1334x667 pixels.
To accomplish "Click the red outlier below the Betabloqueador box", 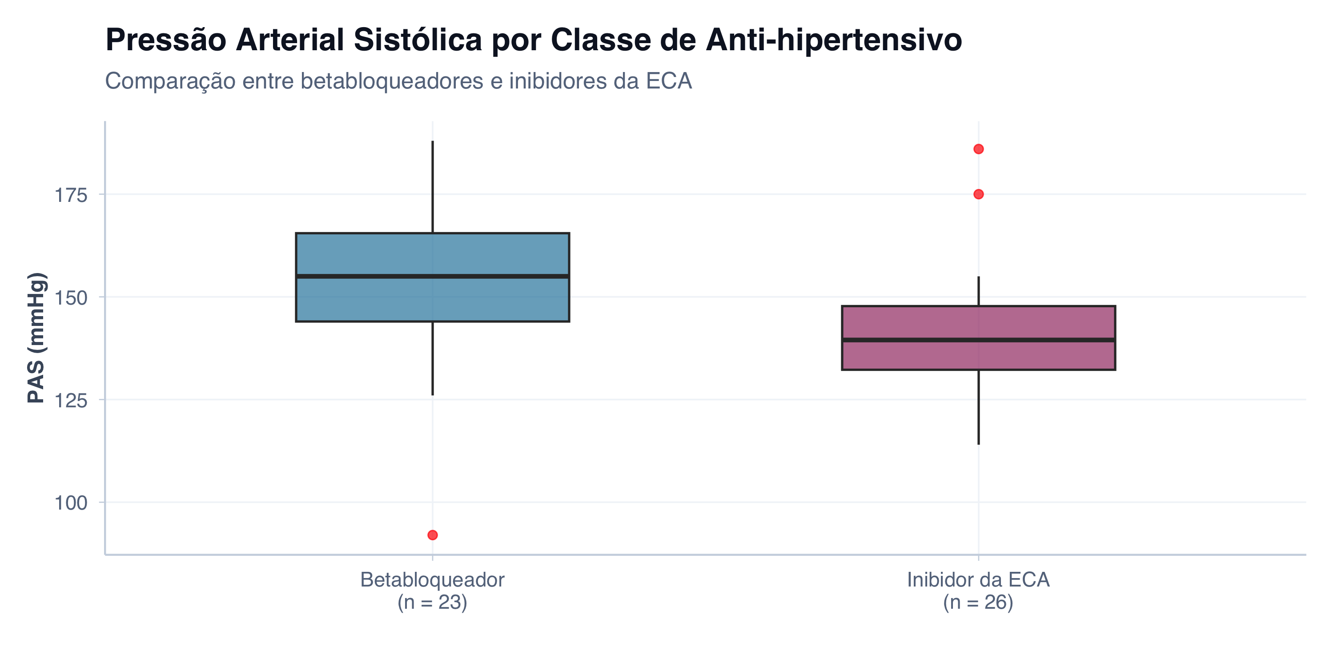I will click(x=432, y=535).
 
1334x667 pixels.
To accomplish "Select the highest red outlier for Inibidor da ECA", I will click(x=978, y=149).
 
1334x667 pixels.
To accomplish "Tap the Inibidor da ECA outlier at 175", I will click(x=978, y=194).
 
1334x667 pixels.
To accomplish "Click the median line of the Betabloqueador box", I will click(x=432, y=277).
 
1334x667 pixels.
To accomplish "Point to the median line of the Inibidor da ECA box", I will click(x=978, y=340).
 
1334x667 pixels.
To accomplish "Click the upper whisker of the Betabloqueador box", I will click(x=432, y=186).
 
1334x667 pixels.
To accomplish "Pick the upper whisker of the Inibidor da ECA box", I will click(x=978, y=291).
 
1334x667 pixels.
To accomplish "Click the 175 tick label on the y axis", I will click(x=71, y=195).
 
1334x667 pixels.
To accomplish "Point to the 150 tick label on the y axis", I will click(x=71, y=298).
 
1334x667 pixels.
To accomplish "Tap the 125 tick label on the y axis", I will click(x=71, y=400).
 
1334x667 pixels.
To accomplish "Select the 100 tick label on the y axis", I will click(x=71, y=503).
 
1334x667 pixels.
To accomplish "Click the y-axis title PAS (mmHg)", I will click(x=37, y=338).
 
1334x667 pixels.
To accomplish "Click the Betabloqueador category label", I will click(x=432, y=580).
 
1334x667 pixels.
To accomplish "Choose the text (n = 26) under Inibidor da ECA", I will click(x=978, y=602).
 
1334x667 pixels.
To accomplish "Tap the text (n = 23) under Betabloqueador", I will click(x=432, y=602).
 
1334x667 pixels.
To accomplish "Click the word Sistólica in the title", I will click(x=418, y=40).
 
